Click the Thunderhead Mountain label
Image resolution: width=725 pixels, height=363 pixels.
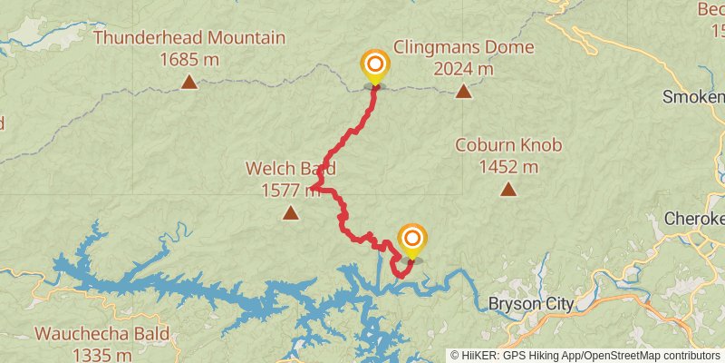188,38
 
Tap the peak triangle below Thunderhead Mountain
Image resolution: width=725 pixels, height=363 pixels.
188,83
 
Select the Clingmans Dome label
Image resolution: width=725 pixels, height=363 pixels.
463,47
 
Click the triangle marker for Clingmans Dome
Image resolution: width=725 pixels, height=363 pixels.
463,91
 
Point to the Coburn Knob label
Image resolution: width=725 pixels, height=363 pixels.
508,145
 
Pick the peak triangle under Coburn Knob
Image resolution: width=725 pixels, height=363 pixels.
508,190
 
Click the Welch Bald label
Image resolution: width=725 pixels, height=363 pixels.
290,168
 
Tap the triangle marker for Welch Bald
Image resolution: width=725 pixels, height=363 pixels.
290,213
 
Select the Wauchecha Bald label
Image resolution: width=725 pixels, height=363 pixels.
101,333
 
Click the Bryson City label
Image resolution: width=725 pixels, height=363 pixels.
531,303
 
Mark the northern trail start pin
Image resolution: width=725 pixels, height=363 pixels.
374,65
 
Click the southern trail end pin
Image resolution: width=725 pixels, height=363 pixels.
412,240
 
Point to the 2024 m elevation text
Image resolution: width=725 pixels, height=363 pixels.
463,68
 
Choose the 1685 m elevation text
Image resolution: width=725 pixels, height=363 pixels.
188,59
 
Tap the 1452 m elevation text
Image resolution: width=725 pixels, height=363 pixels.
508,166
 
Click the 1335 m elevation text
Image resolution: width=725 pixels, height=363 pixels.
101,354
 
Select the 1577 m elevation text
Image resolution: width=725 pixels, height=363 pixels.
290,190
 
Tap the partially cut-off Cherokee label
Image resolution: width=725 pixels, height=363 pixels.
695,219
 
